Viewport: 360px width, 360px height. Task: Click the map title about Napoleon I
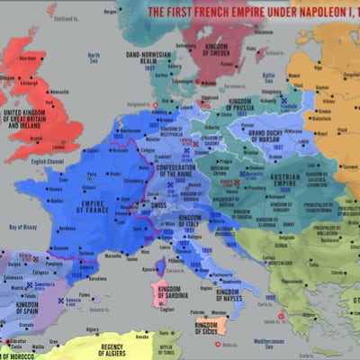tap(253, 12)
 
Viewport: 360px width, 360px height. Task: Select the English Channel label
tap(50, 161)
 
